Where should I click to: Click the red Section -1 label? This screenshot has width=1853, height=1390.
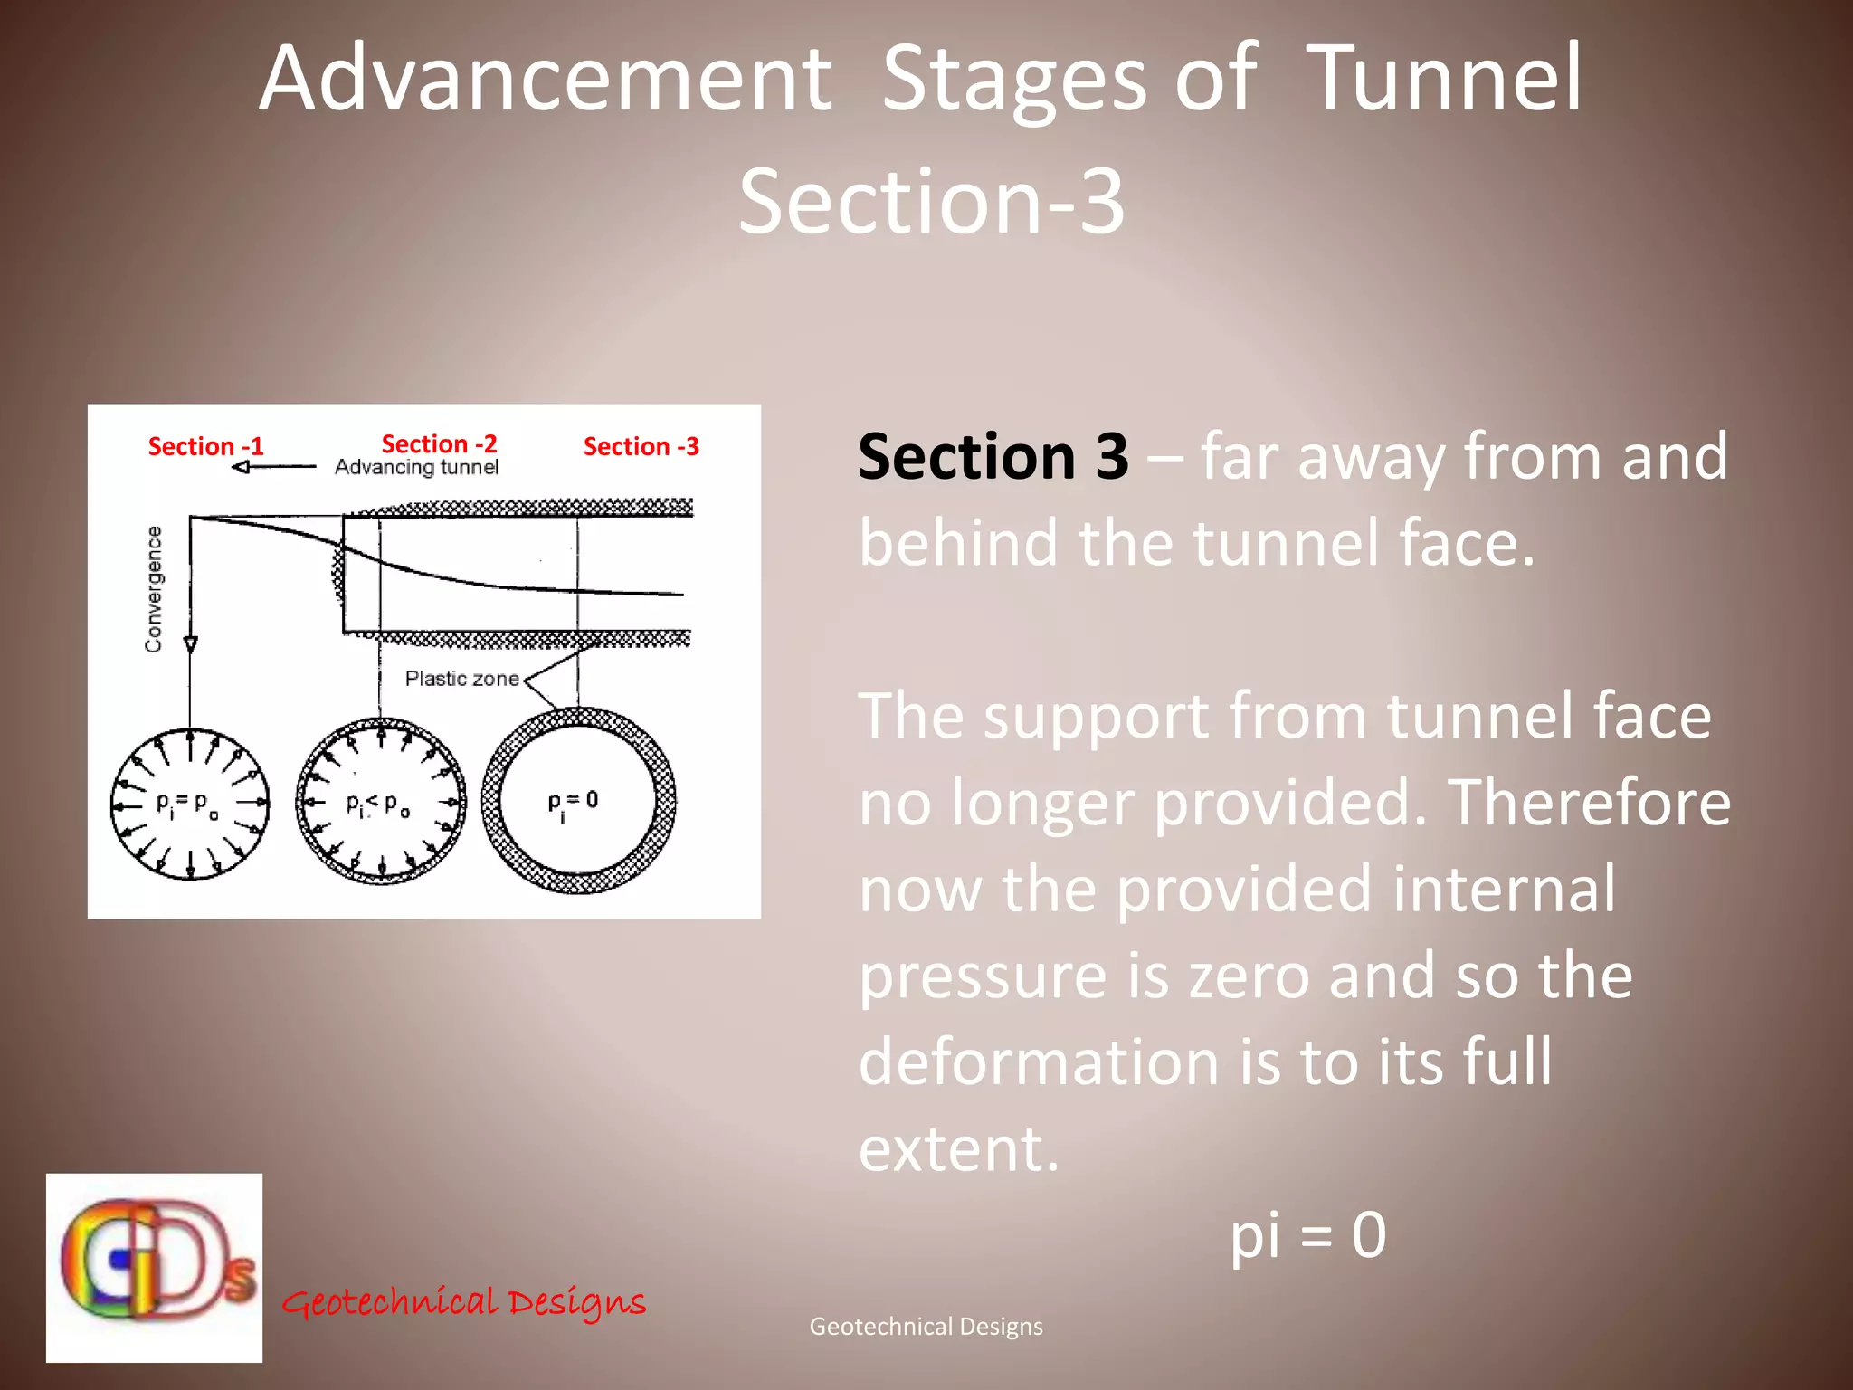[x=205, y=446]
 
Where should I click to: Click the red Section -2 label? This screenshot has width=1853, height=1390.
[x=439, y=443]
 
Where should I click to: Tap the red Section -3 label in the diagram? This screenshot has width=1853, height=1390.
[x=641, y=446]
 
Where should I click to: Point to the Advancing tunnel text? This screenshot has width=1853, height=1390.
[x=416, y=467]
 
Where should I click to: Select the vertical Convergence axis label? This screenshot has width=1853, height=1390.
[x=154, y=588]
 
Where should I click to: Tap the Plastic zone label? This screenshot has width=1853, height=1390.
[x=461, y=679]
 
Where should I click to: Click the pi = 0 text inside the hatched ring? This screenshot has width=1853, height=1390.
[x=573, y=802]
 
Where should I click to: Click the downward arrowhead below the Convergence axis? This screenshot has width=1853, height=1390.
[x=190, y=644]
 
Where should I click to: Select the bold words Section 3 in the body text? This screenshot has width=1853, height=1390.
[x=993, y=456]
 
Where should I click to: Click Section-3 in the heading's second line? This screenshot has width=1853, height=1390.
[x=931, y=201]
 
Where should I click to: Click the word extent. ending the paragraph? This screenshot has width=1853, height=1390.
[x=958, y=1147]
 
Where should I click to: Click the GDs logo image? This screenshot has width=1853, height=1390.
[x=155, y=1267]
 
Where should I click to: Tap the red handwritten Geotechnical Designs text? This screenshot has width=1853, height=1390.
[x=463, y=1302]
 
